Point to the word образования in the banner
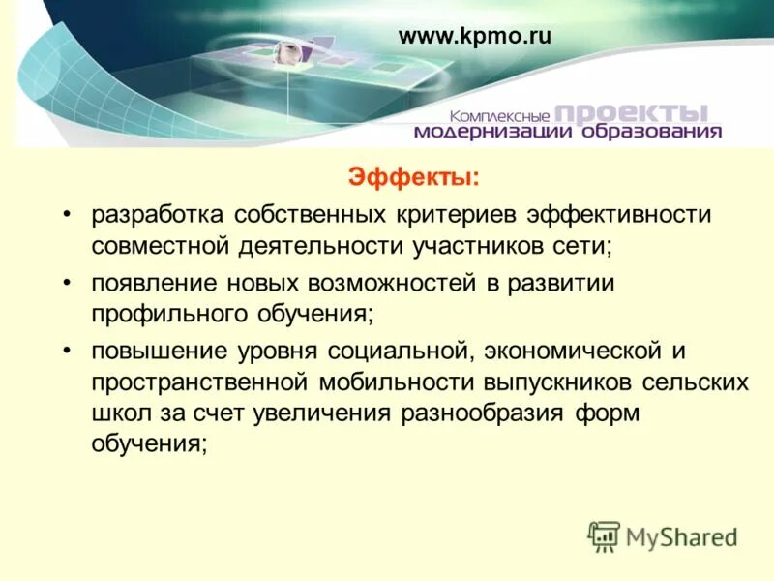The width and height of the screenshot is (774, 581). pyautogui.click(x=649, y=132)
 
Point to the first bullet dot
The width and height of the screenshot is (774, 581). pyautogui.click(x=68, y=214)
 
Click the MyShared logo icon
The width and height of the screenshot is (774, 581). pyautogui.click(x=605, y=535)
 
